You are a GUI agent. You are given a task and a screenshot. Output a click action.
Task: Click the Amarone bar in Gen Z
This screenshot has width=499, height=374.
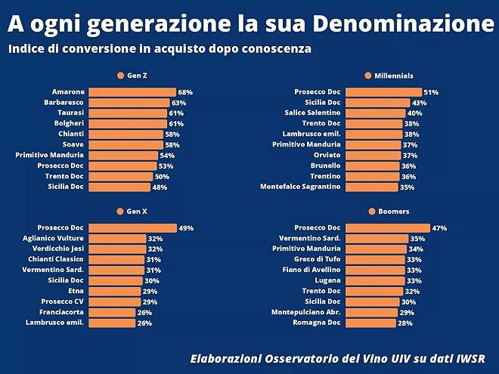pos(132,92)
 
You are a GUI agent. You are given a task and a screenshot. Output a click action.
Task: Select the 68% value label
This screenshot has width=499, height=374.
pos(185,92)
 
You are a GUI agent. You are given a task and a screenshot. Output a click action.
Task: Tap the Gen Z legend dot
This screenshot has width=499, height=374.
pos(120,76)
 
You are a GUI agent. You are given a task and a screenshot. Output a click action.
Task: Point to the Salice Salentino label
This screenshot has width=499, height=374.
pos(312,113)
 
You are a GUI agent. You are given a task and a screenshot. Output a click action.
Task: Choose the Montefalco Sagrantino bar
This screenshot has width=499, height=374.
pos(371,187)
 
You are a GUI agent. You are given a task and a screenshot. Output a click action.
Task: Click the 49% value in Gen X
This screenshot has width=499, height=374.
pos(186,227)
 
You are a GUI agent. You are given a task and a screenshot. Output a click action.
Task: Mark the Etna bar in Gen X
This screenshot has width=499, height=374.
pos(116,291)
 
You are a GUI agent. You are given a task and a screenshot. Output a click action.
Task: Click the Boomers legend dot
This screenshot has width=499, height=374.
pos(373,212)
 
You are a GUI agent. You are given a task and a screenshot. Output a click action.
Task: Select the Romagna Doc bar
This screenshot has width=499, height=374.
pos(370,323)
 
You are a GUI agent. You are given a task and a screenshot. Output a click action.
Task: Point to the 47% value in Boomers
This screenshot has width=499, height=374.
pos(439,227)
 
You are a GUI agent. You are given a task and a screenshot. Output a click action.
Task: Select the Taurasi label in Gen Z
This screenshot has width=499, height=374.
pos(70,113)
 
